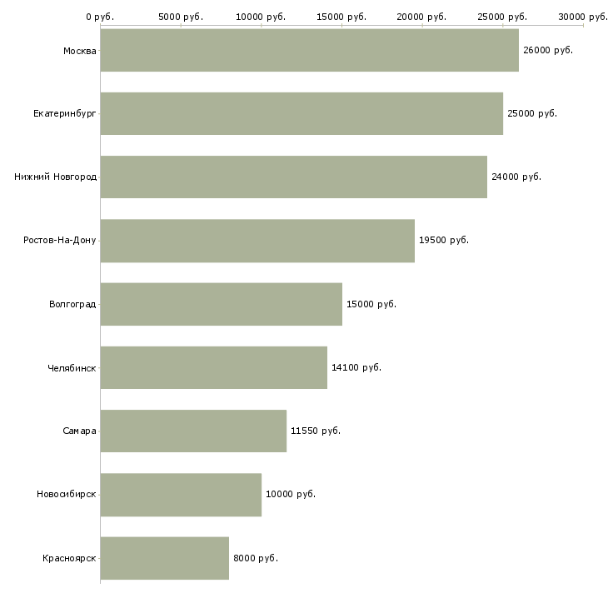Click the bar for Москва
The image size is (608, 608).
point(310,50)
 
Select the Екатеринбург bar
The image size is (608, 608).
point(302,113)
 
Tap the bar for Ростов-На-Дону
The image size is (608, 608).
point(257,241)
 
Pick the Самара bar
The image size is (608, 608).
point(193,431)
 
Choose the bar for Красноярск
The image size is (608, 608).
point(164,558)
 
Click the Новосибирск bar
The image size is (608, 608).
point(181,495)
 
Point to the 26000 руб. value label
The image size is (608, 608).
point(548,51)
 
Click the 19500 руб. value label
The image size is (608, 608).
point(444,241)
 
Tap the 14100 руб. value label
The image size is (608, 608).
point(356,367)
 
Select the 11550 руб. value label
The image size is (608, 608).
point(316,431)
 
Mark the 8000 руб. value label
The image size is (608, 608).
point(256,558)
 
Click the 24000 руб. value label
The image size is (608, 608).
point(516,177)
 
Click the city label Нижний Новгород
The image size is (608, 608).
point(56,177)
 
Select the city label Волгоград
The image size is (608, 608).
point(72,304)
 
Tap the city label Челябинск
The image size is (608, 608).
point(72,368)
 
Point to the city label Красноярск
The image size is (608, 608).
point(69,559)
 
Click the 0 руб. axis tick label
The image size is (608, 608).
point(100,17)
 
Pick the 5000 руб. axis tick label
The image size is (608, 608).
point(181,17)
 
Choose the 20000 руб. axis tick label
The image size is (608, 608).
point(421,17)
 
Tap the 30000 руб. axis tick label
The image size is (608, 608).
point(583,17)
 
